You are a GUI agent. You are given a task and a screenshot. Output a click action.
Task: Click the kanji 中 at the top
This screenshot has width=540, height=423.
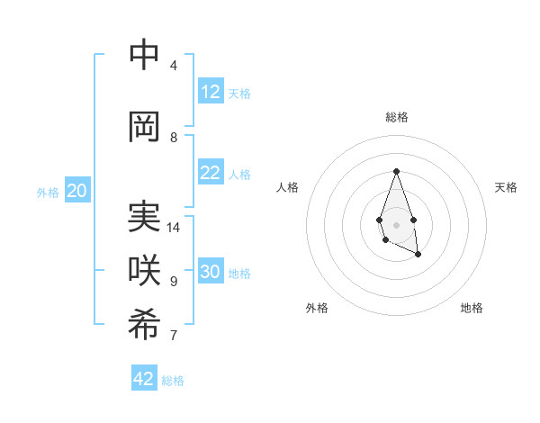click(144, 56)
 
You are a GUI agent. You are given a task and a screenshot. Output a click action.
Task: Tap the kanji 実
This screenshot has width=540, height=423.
click(144, 218)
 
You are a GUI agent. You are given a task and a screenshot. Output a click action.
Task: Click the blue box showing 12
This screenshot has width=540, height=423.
click(211, 92)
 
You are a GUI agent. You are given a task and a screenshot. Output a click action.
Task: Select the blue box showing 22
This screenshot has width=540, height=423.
click(211, 174)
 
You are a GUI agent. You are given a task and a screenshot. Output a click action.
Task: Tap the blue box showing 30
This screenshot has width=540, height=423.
click(211, 273)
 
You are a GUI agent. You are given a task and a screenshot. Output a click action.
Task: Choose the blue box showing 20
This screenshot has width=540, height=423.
click(77, 191)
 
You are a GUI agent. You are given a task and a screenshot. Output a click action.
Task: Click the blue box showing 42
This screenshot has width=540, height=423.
click(144, 379)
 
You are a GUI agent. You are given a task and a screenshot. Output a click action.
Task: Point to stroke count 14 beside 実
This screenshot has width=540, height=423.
click(174, 228)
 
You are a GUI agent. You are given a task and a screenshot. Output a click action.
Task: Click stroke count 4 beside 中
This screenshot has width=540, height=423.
click(174, 66)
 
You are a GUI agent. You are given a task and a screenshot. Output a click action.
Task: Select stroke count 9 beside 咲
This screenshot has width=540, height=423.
click(174, 282)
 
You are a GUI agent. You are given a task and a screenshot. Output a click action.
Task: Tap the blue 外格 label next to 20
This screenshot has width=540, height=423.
click(48, 193)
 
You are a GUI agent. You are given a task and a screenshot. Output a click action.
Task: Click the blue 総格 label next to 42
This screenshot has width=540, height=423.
click(173, 381)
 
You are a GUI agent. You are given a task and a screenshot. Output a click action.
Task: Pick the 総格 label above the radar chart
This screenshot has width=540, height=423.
click(396, 117)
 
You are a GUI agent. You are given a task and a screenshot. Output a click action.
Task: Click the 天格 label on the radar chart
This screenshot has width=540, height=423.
click(506, 187)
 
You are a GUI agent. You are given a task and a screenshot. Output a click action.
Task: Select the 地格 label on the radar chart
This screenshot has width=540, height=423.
click(472, 308)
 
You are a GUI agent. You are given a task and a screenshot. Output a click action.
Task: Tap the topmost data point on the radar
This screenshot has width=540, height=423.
click(396, 171)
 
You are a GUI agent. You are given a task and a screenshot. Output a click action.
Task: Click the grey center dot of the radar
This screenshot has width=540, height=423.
click(396, 225)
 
